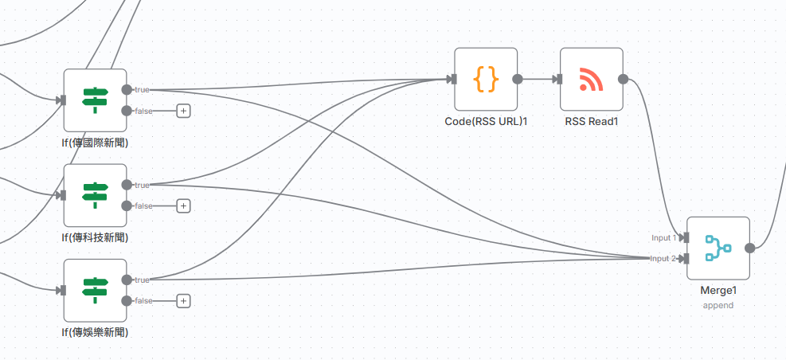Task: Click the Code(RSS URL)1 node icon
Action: pos(486,79)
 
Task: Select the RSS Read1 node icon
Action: pos(591,79)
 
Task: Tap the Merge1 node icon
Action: pos(718,248)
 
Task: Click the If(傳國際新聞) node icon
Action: pos(95,100)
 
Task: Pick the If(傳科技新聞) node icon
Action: pos(95,195)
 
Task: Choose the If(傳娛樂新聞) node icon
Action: pos(95,290)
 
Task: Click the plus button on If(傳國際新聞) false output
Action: pos(183,111)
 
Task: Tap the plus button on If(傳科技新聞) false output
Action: pos(183,205)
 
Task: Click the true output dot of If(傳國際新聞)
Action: pos(127,90)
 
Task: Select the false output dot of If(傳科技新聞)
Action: pos(127,205)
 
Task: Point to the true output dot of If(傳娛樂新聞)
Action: pos(127,280)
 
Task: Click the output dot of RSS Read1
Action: pos(623,79)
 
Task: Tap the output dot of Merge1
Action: pos(750,248)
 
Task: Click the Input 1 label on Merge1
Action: pos(663,237)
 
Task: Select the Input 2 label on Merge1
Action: pos(663,258)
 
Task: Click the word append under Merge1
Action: pos(718,305)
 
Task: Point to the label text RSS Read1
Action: pos(592,122)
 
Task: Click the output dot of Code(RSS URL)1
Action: pos(518,79)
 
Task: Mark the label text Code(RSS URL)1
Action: pos(486,122)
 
